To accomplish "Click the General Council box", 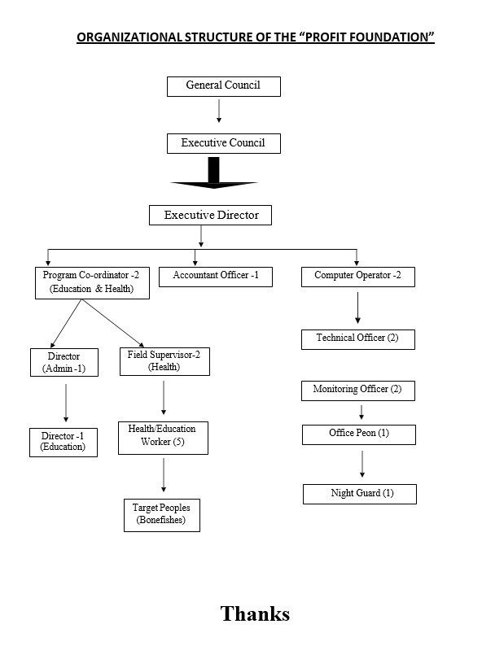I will coord(223,86).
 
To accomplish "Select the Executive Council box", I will coord(223,143).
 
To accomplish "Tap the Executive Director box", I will coord(210,215).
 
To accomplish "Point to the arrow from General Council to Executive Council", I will coord(219,111).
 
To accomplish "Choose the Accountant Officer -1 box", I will coord(215,277).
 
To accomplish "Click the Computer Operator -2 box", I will coord(357,277).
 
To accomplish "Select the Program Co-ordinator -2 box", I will coord(91,282).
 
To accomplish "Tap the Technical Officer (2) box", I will coord(357,338).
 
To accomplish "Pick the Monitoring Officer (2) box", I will coord(357,390).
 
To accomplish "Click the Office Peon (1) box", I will coord(359,434).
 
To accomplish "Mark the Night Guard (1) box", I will coord(359,494).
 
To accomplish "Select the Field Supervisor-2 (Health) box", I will coord(164,361).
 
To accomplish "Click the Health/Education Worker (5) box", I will coord(162,437).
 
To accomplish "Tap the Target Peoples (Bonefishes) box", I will coord(161,515).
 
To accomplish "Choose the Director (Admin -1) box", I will coord(64,363).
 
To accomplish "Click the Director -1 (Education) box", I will coord(63,442).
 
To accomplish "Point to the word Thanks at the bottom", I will coord(255,613).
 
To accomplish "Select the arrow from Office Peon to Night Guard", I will coord(362,464).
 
